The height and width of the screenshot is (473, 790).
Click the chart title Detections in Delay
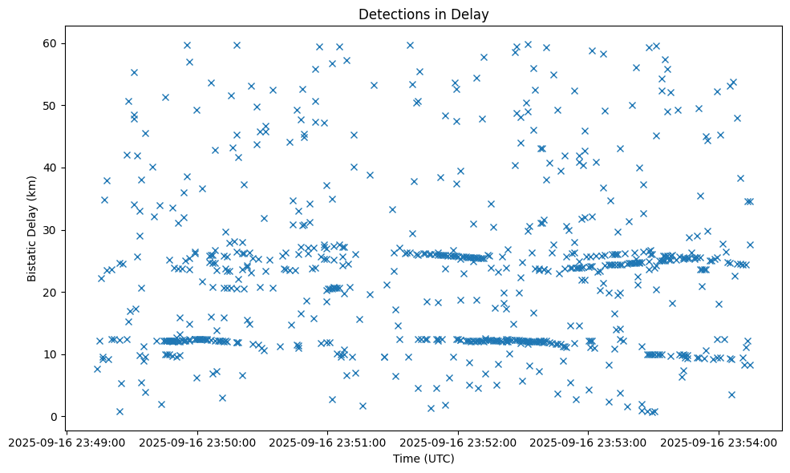point(423,14)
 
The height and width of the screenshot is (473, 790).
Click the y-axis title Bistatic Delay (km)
point(33,218)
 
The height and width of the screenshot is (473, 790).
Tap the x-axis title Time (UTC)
point(423,459)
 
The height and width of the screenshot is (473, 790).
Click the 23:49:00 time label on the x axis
point(67,442)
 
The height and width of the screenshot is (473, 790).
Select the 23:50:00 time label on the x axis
point(197,442)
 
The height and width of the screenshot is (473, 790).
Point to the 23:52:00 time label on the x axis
point(458,442)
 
